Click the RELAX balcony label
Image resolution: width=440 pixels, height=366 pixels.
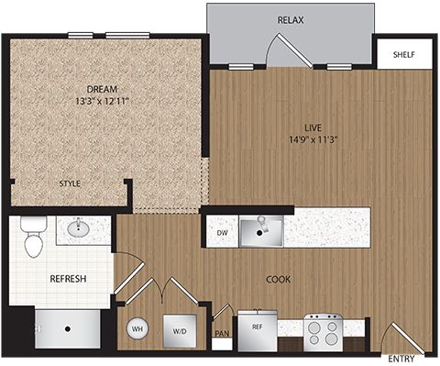pyautogui.click(x=291, y=20)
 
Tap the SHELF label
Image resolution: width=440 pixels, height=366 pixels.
pyautogui.click(x=403, y=55)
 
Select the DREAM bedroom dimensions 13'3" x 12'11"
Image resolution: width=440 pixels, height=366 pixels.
pyautogui.click(x=101, y=101)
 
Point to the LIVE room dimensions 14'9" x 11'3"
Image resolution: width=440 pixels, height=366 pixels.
pyautogui.click(x=313, y=139)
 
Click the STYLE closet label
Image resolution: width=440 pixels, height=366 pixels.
pyautogui.click(x=70, y=183)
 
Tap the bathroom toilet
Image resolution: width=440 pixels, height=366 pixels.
pyautogui.click(x=34, y=237)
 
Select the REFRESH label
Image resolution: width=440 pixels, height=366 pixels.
pyautogui.click(x=68, y=279)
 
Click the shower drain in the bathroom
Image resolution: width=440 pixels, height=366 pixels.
pyautogui.click(x=68, y=329)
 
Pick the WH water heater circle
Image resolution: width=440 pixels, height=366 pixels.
pyautogui.click(x=137, y=328)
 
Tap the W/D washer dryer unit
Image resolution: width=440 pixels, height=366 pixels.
pyautogui.click(x=180, y=331)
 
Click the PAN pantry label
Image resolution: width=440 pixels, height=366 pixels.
pyautogui.click(x=222, y=333)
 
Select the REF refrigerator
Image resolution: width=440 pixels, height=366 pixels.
pyautogui.click(x=258, y=331)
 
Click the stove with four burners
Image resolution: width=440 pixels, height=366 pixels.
pyautogui.click(x=324, y=333)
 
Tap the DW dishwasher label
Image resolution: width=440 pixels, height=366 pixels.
pyautogui.click(x=222, y=233)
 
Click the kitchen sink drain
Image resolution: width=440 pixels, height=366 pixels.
pyautogui.click(x=259, y=233)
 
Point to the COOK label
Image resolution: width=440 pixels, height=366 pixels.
pyautogui.click(x=278, y=279)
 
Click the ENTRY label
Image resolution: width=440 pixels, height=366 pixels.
pyautogui.click(x=401, y=359)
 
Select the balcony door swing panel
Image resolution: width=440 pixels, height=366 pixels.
pyautogui.click(x=295, y=50)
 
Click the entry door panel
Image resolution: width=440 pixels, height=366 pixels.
pyautogui.click(x=408, y=338)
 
